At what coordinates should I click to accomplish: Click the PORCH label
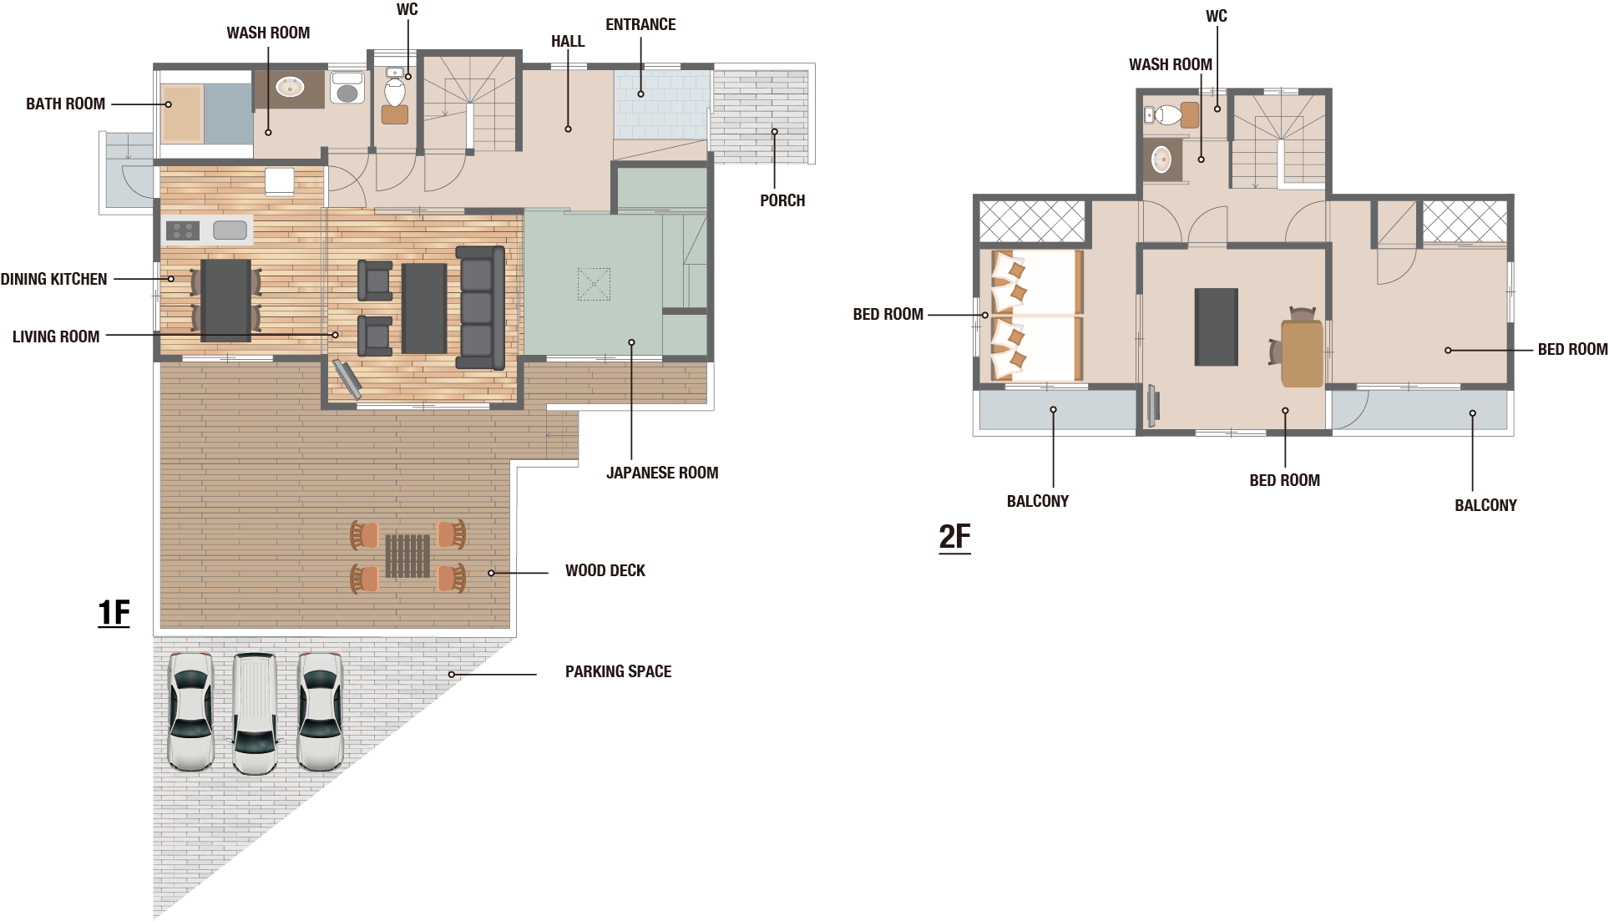point(782,200)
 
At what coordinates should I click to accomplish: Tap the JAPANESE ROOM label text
point(662,473)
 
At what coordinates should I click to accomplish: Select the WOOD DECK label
point(605,570)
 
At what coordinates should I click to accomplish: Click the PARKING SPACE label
point(618,671)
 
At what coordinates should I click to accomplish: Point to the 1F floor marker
point(114,613)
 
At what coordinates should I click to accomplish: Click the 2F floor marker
point(955,537)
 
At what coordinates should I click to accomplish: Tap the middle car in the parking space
point(255,713)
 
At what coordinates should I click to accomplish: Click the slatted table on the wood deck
point(407,556)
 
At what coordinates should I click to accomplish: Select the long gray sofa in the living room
point(480,307)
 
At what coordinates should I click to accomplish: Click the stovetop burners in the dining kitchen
point(182,230)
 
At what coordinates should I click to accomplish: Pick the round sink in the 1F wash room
point(290,86)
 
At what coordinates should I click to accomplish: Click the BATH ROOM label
point(65,104)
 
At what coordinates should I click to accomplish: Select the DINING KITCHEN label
point(53,279)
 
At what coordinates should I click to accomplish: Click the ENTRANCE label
point(640,24)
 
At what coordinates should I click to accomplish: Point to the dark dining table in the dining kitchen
point(225,301)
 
